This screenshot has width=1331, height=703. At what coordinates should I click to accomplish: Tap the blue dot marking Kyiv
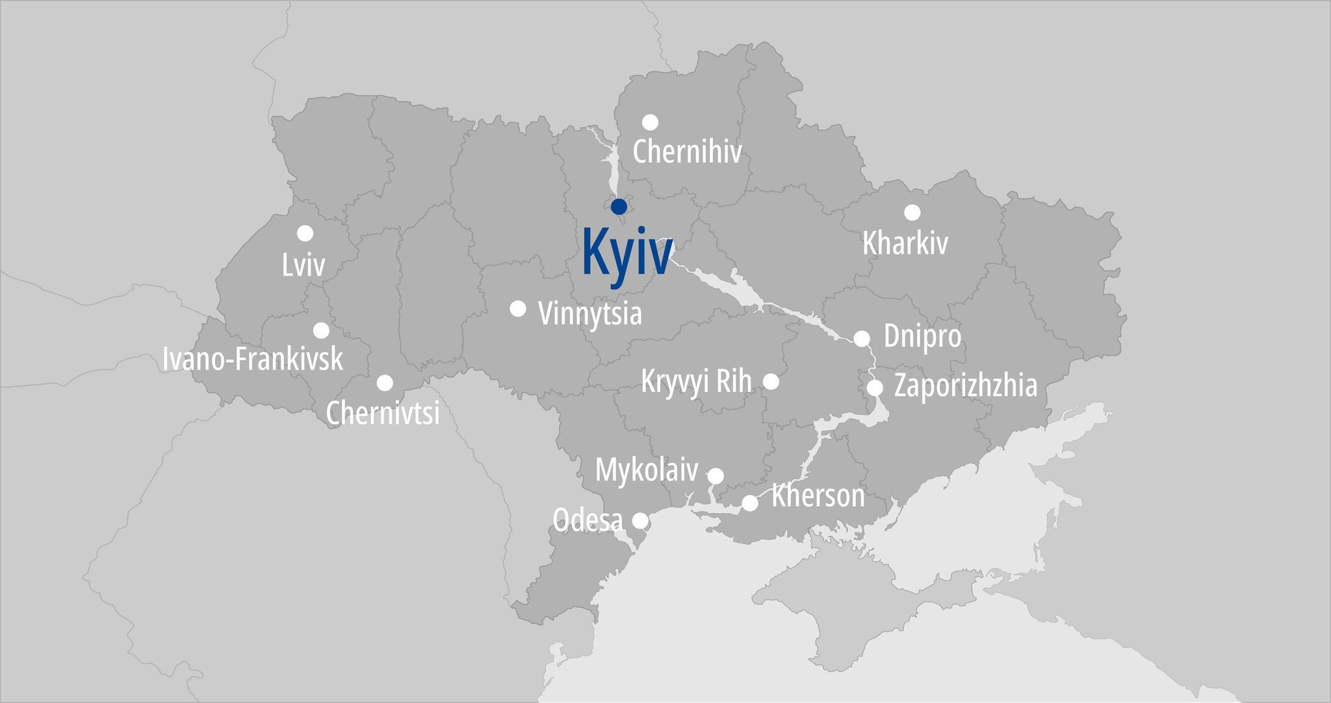pyautogui.click(x=619, y=207)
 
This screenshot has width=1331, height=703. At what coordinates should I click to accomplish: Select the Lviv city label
pyautogui.click(x=304, y=265)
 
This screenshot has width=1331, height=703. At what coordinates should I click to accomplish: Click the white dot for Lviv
pyautogui.click(x=305, y=233)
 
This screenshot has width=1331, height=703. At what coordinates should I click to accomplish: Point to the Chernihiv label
pyautogui.click(x=687, y=152)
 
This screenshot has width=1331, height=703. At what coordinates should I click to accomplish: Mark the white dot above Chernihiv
pyautogui.click(x=650, y=122)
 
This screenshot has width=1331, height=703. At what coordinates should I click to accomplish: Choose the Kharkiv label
pyautogui.click(x=905, y=243)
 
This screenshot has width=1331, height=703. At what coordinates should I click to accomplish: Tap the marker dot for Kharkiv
pyautogui.click(x=912, y=212)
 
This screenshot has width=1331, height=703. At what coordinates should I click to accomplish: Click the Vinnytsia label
pyautogui.click(x=590, y=313)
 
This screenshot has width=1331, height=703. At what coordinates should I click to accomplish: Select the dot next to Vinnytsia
pyautogui.click(x=518, y=308)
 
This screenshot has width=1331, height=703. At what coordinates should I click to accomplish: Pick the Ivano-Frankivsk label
pyautogui.click(x=253, y=359)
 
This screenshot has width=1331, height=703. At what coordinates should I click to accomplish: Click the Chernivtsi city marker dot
pyautogui.click(x=385, y=382)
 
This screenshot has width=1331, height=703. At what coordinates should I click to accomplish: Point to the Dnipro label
pyautogui.click(x=922, y=337)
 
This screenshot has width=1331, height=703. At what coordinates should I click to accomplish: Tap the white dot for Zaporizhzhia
pyautogui.click(x=875, y=388)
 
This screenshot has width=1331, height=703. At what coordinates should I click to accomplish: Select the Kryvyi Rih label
pyautogui.click(x=696, y=381)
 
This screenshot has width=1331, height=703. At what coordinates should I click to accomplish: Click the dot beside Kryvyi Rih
pyautogui.click(x=771, y=382)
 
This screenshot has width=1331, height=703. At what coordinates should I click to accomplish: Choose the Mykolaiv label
pyautogui.click(x=647, y=470)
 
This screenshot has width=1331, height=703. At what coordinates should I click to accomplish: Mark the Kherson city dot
pyautogui.click(x=750, y=503)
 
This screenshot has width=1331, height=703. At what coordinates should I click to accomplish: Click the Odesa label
pyautogui.click(x=588, y=520)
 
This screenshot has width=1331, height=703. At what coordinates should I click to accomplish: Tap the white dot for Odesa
pyautogui.click(x=640, y=520)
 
